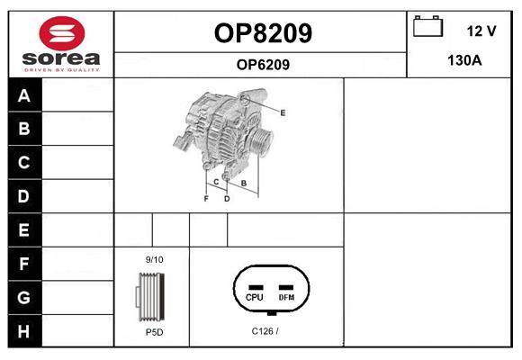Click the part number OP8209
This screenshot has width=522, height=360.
[263, 33]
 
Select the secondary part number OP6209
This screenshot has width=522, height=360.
[263, 65]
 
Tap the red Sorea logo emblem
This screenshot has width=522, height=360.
[62, 33]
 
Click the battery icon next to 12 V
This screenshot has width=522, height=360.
[427, 26]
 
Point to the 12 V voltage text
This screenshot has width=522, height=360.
[481, 31]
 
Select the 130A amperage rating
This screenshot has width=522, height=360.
[464, 60]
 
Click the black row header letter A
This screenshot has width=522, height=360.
[24, 95]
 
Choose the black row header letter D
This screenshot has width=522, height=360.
[23, 196]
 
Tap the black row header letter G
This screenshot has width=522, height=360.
[24, 297]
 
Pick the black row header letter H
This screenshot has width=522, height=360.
[23, 331]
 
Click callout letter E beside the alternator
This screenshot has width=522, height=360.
[283, 112]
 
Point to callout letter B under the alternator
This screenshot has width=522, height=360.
[244, 183]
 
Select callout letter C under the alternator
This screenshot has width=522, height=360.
[216, 182]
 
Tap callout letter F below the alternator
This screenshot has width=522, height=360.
[206, 199]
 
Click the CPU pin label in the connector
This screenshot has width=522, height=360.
[255, 297]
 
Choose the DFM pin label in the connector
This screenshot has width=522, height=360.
[286, 297]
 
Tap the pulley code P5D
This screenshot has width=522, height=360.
[155, 332]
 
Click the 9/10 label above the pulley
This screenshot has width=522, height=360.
[155, 260]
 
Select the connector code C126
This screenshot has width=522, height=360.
[262, 331]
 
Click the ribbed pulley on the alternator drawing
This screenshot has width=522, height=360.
[261, 141]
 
